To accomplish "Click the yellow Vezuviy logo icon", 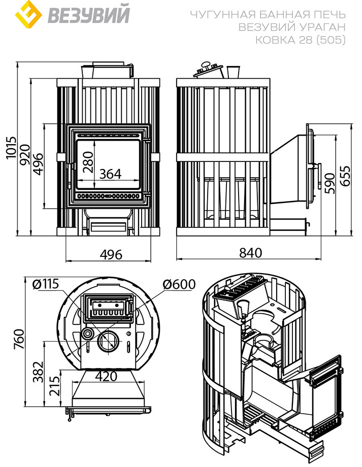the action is (28, 14).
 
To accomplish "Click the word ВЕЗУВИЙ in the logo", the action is (89, 14).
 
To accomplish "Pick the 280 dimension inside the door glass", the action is (88, 162).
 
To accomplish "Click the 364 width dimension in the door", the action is (111, 174).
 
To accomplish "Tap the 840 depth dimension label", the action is (250, 253).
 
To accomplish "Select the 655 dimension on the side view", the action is (345, 176).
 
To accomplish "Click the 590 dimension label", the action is (330, 183).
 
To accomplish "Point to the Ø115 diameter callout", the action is (46, 284).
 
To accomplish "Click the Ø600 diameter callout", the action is (179, 284).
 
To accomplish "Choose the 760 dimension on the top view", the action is (19, 339).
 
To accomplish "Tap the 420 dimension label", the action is (106, 377).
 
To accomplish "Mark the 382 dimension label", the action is (38, 372).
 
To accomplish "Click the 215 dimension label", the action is (54, 386).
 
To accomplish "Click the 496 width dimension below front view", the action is (111, 255).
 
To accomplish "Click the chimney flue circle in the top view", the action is (108, 341).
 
